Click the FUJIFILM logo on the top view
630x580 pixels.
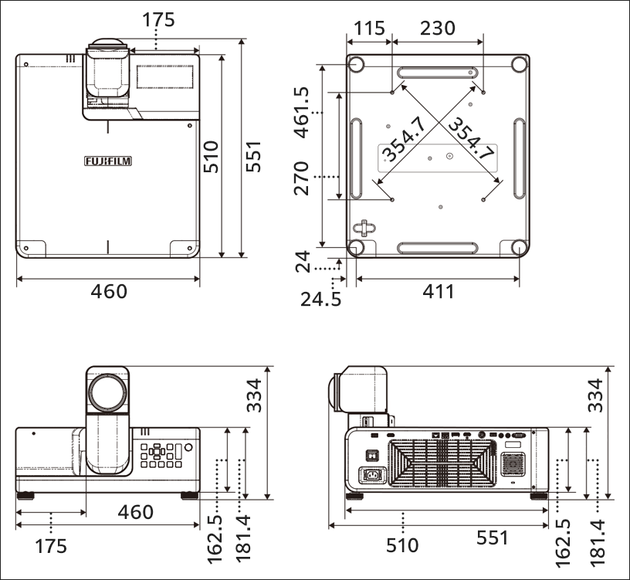(x=107, y=161)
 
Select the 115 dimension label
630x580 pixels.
(x=369, y=29)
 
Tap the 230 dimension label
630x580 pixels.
(x=437, y=29)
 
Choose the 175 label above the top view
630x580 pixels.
(x=158, y=19)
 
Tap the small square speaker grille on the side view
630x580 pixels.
(x=510, y=463)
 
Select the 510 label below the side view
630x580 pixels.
(x=402, y=545)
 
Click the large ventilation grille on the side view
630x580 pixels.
(x=442, y=463)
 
